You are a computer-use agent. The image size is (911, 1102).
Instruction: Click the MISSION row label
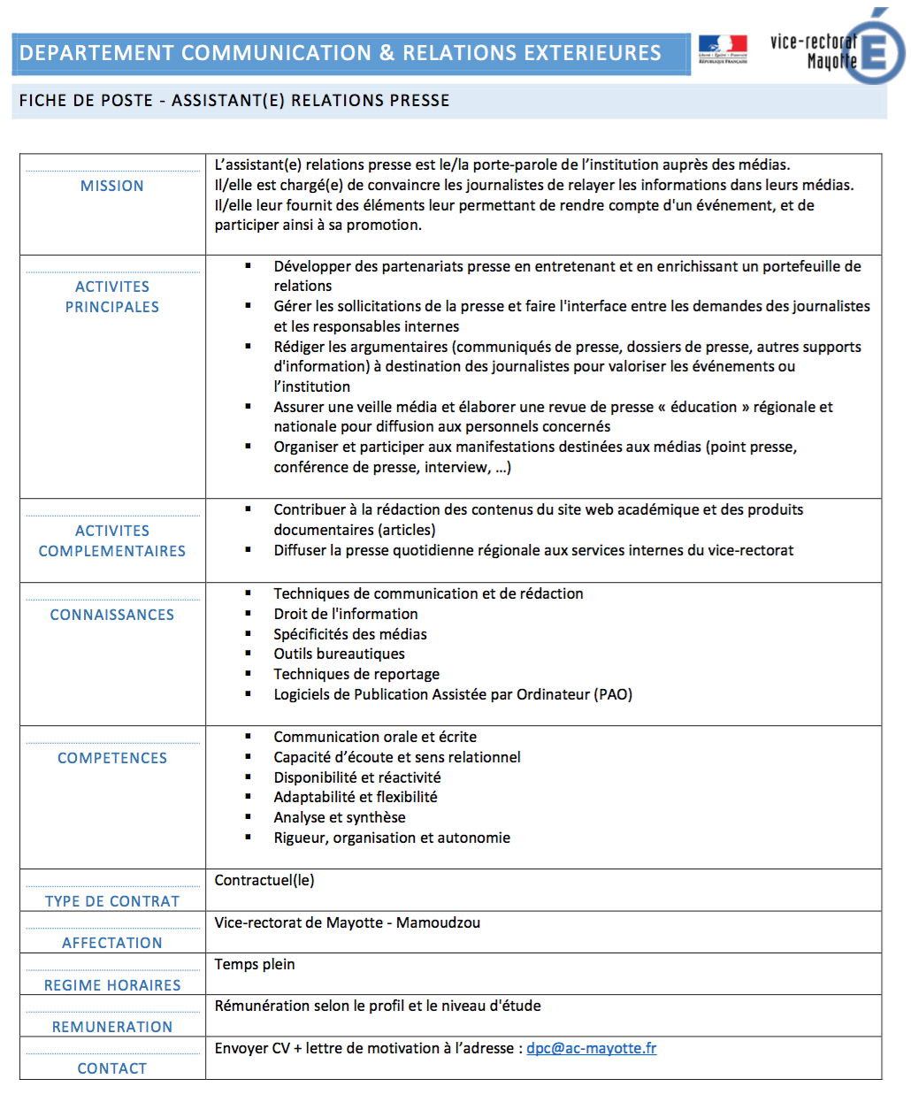tap(112, 186)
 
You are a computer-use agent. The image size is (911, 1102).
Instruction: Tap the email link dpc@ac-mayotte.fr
tap(591, 1048)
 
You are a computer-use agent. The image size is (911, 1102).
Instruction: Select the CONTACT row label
tap(112, 1068)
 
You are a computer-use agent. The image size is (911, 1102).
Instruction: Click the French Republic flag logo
tap(723, 48)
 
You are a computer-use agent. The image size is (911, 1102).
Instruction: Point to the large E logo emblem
tap(874, 51)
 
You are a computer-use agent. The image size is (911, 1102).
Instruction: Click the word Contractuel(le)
tap(264, 880)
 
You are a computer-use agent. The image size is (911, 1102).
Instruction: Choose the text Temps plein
tap(255, 964)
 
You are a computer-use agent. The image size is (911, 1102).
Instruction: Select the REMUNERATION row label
tap(112, 1027)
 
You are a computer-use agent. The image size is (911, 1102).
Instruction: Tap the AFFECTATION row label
tap(112, 943)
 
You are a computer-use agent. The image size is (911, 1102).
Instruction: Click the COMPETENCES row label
tap(112, 758)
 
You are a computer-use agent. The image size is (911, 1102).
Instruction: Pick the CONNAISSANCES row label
tap(112, 615)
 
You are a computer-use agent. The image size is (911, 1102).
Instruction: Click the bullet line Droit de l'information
tap(346, 614)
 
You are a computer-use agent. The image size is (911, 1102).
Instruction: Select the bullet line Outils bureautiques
tap(339, 654)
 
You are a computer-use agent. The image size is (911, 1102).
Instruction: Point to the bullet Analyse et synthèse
tap(340, 817)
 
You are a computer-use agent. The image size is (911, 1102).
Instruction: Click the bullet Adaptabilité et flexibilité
tap(356, 797)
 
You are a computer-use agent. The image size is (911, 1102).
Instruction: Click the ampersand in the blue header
tap(387, 53)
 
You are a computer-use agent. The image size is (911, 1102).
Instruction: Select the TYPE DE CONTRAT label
tap(112, 901)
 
